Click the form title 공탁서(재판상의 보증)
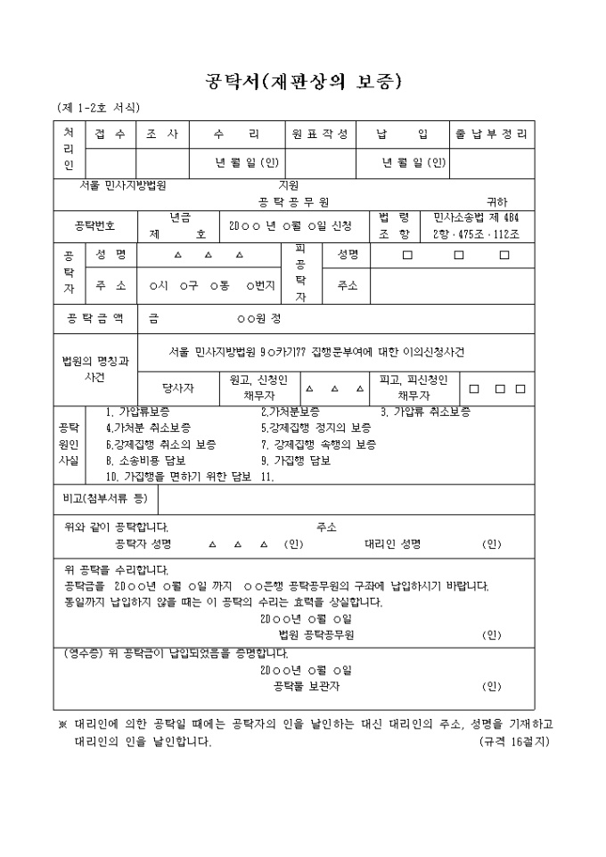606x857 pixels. click(304, 82)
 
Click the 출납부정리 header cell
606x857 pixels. click(492, 135)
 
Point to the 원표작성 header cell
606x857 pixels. click(321, 135)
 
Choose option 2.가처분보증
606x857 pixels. click(291, 412)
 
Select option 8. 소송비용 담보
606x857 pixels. click(146, 461)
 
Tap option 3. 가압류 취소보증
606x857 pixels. click(425, 412)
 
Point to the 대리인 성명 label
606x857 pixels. click(392, 543)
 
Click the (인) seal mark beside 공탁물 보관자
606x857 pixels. click(491, 686)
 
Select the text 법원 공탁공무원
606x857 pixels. click(316, 635)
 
